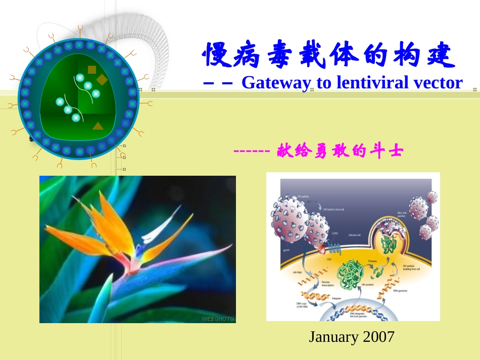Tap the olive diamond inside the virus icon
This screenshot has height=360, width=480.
pyautogui.click(x=102, y=80)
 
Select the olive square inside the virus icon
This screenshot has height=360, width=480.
pyautogui.click(x=91, y=70)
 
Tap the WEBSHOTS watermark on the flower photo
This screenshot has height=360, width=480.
pyautogui.click(x=218, y=318)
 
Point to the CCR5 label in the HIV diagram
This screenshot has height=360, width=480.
pyautogui.click(x=334, y=234)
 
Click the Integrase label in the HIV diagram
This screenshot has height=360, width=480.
pyautogui.click(x=336, y=298)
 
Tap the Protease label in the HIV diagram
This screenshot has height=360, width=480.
pyautogui.click(x=372, y=261)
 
